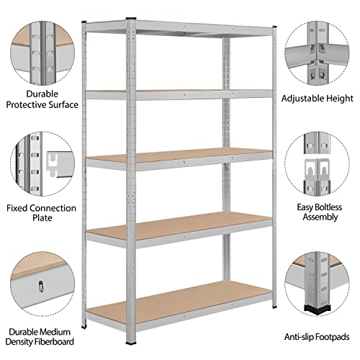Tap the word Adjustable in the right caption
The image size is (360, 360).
point(302,98)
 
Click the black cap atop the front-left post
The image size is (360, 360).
point(131,19)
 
